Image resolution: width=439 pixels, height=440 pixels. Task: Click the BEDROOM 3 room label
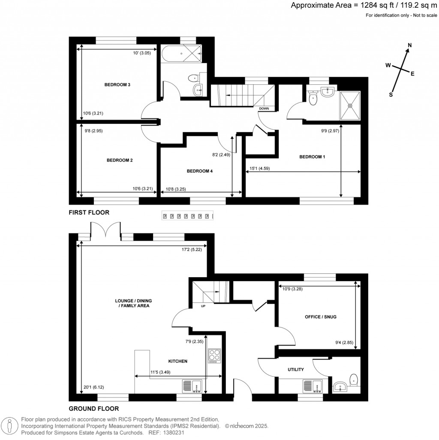coord(117,85)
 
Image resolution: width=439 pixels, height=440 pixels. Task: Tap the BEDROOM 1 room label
coord(312,157)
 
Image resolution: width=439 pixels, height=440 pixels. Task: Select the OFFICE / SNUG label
coord(320,317)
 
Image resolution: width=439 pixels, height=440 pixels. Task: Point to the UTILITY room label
coord(296,369)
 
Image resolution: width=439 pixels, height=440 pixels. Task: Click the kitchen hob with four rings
coord(214,356)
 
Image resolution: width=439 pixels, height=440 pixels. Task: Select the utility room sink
coord(315,386)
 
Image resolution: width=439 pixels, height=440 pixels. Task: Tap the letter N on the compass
coord(409,45)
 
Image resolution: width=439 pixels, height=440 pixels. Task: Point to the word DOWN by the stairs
coord(264,108)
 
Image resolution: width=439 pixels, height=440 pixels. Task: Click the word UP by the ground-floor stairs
coord(203,306)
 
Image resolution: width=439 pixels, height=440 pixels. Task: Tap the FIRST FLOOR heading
coord(89,212)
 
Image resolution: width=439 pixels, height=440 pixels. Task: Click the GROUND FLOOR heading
coord(93,409)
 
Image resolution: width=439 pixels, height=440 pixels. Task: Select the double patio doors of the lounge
coord(105,229)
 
